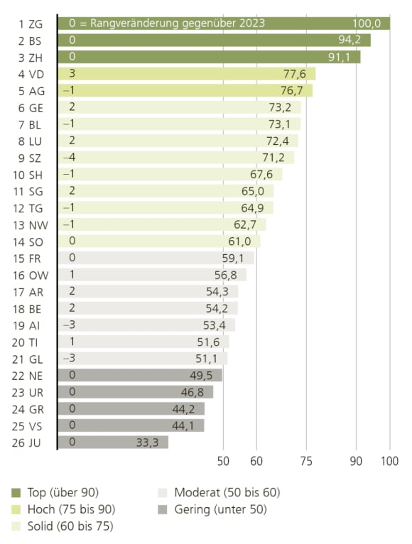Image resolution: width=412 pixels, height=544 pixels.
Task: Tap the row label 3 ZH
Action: (31, 58)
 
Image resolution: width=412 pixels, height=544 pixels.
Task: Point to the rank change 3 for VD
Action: (72, 74)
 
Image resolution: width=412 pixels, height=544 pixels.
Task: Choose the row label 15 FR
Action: (29, 258)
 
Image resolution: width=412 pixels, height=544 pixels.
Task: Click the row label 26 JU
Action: (29, 442)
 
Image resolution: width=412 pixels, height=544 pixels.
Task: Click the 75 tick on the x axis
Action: (306, 462)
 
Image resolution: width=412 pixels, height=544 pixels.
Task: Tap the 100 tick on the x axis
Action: (389, 462)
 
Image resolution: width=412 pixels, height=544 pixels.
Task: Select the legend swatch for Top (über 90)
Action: (16, 492)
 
